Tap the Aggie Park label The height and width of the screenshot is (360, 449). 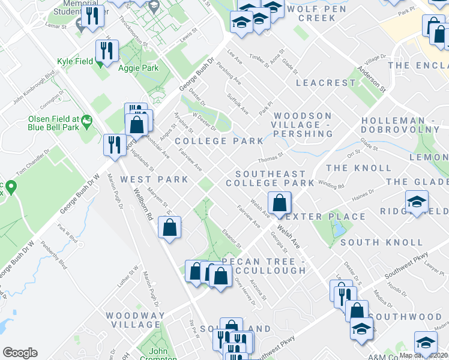[139, 68]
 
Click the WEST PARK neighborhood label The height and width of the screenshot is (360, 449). [149, 179]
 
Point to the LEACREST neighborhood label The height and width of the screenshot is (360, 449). [326, 83]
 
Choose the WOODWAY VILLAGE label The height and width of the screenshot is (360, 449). [135, 320]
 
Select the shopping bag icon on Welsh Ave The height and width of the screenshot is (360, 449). [280, 203]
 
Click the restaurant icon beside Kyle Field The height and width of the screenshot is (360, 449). [107, 50]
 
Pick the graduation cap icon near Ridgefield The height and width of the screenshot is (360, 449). [416, 202]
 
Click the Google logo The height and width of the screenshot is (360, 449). [20, 353]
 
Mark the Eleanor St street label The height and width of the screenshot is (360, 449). [232, 238]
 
